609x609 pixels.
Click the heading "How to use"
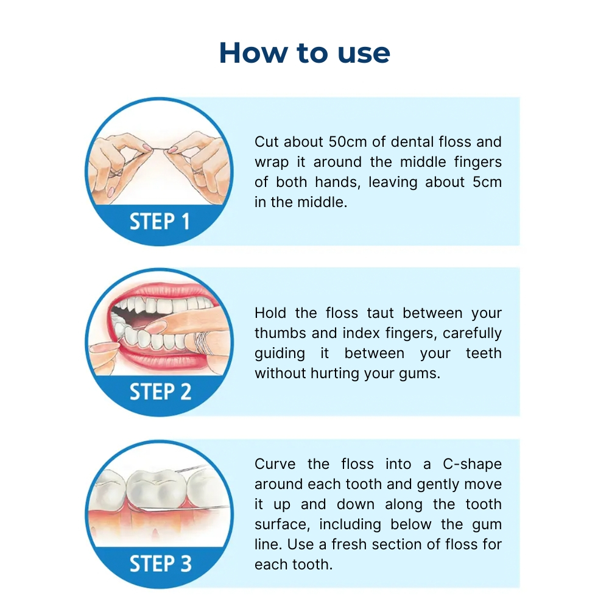(x=304, y=52)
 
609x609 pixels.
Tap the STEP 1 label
(x=160, y=222)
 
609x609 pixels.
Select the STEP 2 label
(x=160, y=392)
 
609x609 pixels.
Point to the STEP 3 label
(x=160, y=563)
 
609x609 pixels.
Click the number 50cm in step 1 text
(x=348, y=142)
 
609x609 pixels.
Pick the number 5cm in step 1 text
(x=487, y=182)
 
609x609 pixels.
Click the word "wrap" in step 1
(x=272, y=163)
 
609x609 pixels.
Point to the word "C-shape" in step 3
(x=473, y=465)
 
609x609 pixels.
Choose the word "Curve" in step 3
(x=275, y=464)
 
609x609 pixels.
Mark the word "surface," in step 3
(x=283, y=525)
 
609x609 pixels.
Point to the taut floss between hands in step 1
(x=159, y=150)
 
